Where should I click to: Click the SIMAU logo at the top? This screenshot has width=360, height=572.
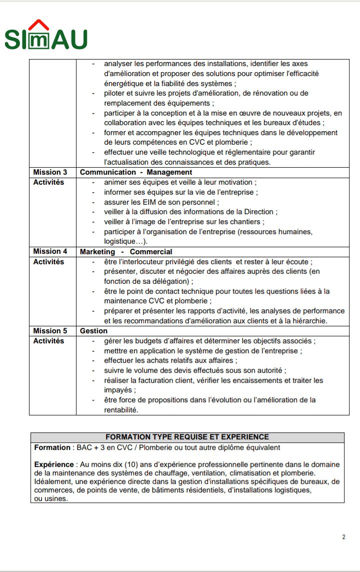46,36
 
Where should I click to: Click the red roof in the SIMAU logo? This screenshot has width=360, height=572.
39,25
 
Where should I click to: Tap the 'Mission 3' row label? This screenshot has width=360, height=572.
50,172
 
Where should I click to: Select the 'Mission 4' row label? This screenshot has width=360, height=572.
50,252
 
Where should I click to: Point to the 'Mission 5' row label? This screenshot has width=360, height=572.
50,331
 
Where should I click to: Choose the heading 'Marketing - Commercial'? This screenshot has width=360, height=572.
126,252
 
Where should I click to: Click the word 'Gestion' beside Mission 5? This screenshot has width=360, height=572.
93,331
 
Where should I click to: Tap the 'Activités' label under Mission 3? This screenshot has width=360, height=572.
48,182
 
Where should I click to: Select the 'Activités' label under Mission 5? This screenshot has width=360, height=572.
48,341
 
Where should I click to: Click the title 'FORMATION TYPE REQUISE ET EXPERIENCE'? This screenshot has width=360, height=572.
187,437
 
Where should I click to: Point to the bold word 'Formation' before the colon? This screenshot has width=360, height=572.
52,447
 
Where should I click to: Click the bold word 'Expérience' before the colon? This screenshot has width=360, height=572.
54,464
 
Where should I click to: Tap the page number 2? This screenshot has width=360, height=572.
343,537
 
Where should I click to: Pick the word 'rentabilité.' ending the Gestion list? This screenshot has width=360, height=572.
121,410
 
